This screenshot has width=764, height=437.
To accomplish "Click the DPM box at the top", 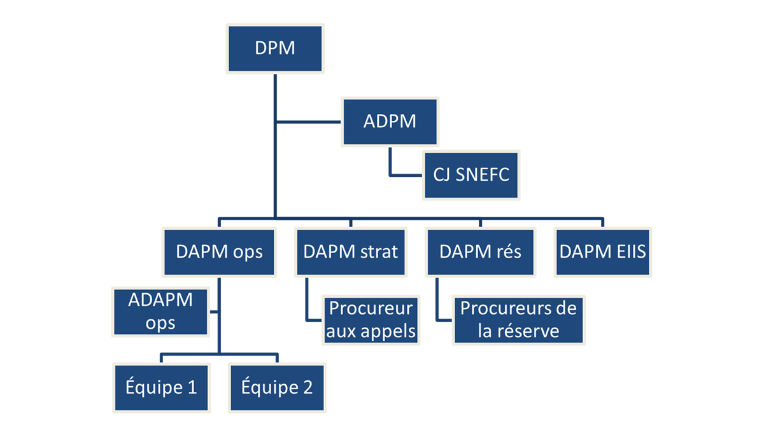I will click(x=275, y=48).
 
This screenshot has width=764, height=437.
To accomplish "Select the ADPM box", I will click(x=390, y=121).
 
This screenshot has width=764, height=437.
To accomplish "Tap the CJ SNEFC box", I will click(x=472, y=174).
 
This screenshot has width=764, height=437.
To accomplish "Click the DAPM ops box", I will click(x=219, y=251).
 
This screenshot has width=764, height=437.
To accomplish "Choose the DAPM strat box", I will click(x=350, y=251).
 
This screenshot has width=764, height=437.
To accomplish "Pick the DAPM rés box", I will click(x=480, y=251).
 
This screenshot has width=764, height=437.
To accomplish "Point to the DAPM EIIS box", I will click(x=602, y=251).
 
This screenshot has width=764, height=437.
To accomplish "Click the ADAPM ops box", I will click(x=160, y=312).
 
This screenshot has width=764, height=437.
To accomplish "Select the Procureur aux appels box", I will click(x=371, y=320).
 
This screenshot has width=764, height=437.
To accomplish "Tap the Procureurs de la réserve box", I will click(x=518, y=320).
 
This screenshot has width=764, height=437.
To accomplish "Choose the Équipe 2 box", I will click(x=277, y=387).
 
